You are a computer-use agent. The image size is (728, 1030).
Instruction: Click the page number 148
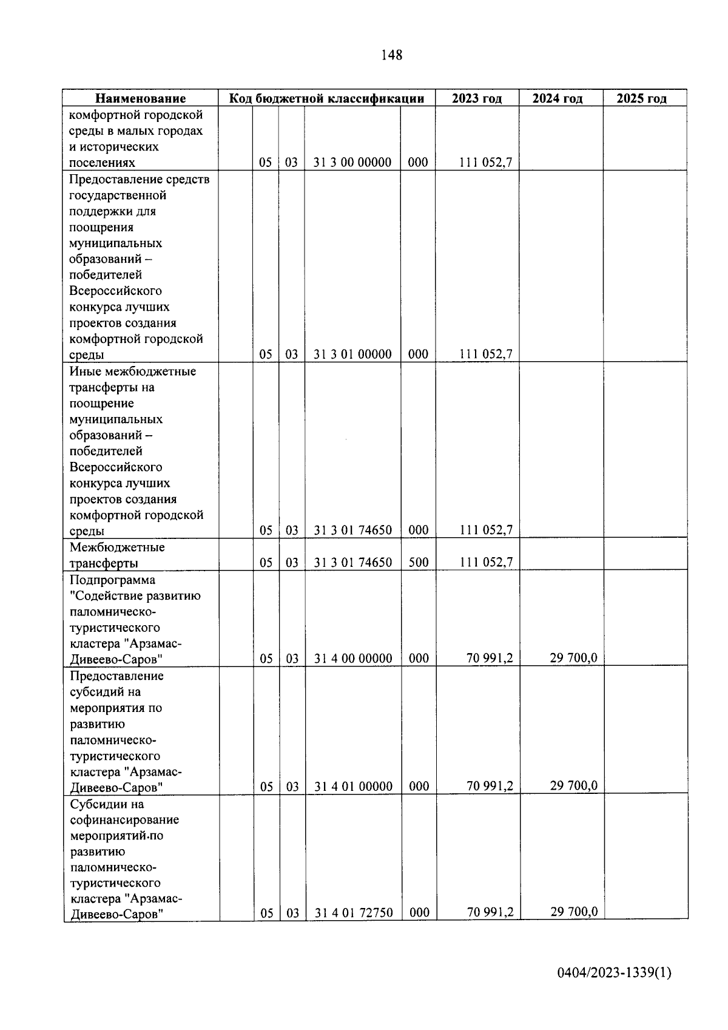tap(391, 55)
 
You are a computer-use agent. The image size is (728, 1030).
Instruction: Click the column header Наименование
tap(140, 98)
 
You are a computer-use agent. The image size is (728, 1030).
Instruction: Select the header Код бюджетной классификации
tap(326, 98)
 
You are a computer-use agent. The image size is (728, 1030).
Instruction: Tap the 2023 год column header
tap(477, 98)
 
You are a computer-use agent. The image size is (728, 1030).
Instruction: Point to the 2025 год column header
tap(641, 98)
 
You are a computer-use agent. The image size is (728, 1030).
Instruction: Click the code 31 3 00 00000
tap(352, 163)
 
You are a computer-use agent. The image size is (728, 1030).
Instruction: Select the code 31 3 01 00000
tap(352, 354)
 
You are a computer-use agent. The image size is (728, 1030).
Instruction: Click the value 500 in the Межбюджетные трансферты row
tap(418, 563)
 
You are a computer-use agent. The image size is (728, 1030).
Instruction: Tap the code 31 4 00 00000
tap(353, 659)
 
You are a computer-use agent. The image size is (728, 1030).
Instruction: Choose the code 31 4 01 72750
tap(354, 913)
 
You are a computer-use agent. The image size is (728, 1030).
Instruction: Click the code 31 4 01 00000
tap(353, 787)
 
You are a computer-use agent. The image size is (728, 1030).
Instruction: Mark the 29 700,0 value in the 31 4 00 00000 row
tap(573, 658)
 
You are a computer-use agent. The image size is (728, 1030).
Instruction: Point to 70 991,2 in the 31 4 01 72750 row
tap(490, 912)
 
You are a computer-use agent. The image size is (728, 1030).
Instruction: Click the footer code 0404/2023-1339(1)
tap(614, 973)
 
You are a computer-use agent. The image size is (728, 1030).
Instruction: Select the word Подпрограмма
tap(112, 580)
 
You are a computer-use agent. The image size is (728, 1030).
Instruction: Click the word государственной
tap(118, 195)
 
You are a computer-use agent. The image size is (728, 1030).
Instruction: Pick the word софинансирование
tap(124, 820)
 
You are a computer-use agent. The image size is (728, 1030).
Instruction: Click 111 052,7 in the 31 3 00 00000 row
tap(486, 163)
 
